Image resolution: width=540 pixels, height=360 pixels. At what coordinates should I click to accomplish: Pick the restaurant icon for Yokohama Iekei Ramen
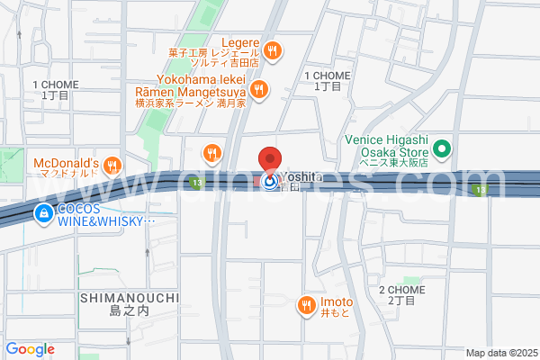[259, 88]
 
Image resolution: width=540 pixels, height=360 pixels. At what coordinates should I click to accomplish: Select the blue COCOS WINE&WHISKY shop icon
[43, 213]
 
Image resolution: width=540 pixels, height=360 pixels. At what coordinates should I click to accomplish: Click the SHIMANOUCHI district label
[129, 297]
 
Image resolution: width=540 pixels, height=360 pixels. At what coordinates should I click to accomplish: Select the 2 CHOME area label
[402, 290]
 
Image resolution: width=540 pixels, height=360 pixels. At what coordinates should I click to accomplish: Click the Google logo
[30, 349]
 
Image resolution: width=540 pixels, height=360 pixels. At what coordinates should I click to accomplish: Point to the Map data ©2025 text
[500, 353]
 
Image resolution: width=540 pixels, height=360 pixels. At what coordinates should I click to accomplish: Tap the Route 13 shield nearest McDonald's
[196, 184]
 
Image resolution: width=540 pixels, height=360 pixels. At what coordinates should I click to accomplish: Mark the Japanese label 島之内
[128, 311]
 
